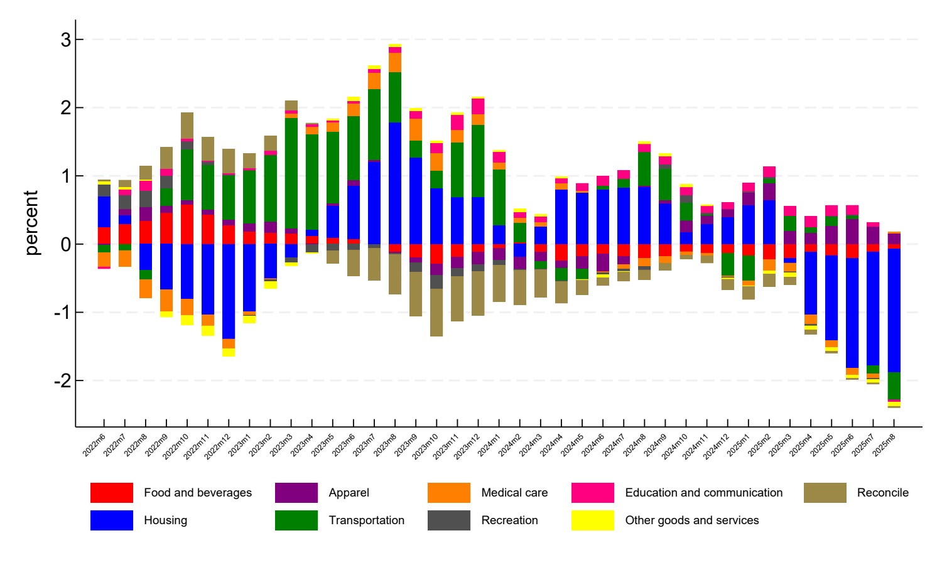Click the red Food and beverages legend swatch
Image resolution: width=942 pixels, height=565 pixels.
tap(112, 493)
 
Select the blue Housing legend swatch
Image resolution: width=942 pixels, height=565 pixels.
tap(112, 520)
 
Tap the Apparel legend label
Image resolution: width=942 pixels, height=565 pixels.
tap(349, 493)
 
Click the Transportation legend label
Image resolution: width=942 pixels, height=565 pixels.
tap(366, 520)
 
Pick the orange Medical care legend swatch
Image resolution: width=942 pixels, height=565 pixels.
tap(448, 493)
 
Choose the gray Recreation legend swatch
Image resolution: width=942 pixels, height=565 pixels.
tap(448, 520)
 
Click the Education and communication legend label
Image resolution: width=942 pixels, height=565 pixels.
tap(703, 493)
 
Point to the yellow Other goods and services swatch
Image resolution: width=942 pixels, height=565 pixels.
tap(592, 520)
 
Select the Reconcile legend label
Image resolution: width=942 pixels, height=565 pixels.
tap(882, 493)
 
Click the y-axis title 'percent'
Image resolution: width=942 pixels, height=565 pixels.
tap(31, 223)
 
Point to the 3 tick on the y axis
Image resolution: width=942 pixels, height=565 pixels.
tap(66, 40)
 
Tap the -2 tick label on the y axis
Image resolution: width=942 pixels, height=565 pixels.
tap(63, 380)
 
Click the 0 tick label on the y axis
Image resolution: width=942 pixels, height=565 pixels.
tap(66, 244)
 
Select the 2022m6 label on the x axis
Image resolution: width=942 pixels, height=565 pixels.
tap(94, 444)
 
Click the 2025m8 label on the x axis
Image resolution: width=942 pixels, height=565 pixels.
tap(884, 444)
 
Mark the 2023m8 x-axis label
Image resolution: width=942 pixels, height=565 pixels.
tap(385, 444)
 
